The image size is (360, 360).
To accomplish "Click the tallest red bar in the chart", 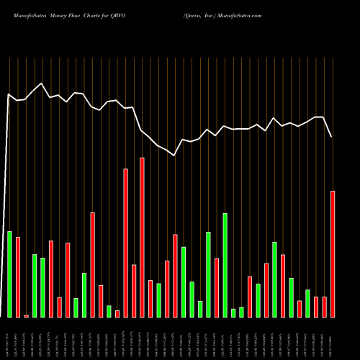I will point(143,238).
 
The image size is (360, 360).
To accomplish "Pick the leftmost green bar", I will point(9,274).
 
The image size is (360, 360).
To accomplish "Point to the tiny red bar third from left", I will point(27,315).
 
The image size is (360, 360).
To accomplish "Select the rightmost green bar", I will point(308,303).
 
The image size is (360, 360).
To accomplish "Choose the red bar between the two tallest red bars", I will point(134,291).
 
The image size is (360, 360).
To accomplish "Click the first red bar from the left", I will point(18,276).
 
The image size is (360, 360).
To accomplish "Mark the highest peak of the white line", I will point(42,84).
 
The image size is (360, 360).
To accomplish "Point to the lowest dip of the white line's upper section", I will point(174,155).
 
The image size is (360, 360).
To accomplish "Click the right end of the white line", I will point(332,137).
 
